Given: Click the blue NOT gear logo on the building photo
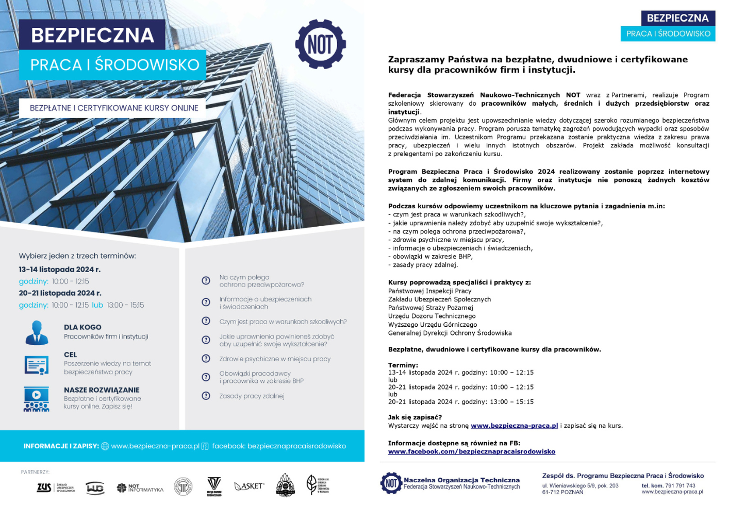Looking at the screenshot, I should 320,44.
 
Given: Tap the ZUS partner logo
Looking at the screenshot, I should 44,487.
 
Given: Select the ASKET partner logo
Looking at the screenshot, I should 249,486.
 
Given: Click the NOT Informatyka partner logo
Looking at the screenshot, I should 140,487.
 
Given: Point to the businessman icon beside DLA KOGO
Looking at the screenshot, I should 37,332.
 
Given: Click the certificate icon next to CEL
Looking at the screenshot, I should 37,365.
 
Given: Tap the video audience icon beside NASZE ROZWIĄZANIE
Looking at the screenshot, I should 37,399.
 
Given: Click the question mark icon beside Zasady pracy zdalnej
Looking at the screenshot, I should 206,396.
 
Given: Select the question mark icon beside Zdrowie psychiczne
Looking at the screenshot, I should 206,359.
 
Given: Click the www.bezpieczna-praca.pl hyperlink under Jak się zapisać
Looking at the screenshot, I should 514,426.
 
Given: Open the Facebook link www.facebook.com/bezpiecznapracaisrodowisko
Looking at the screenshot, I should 471,451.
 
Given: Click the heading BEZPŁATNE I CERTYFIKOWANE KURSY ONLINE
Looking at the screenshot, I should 114,108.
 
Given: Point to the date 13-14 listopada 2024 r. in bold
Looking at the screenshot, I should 60,270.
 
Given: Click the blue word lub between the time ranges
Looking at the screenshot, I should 97,305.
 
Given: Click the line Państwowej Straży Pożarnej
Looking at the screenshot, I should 430,308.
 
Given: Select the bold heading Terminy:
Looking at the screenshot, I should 403,365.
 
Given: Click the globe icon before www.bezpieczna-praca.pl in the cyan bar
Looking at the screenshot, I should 105,446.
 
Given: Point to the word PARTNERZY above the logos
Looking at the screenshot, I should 35,472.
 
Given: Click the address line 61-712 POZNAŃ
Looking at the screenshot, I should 562,492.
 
